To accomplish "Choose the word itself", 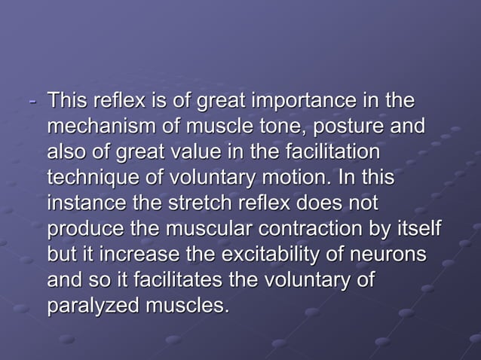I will pos(415,230).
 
